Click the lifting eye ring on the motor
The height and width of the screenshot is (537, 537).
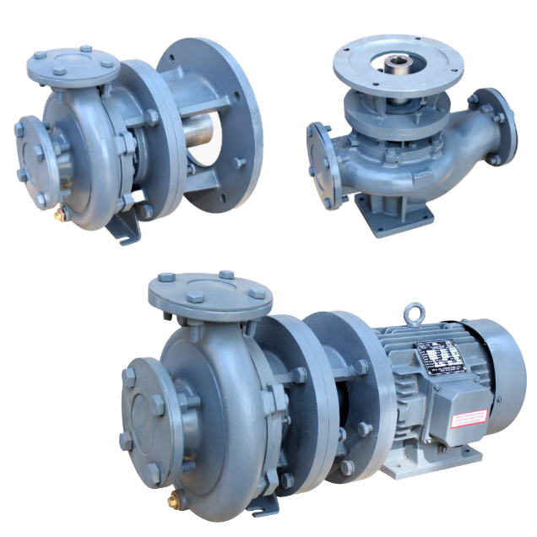pyautogui.click(x=413, y=312)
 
